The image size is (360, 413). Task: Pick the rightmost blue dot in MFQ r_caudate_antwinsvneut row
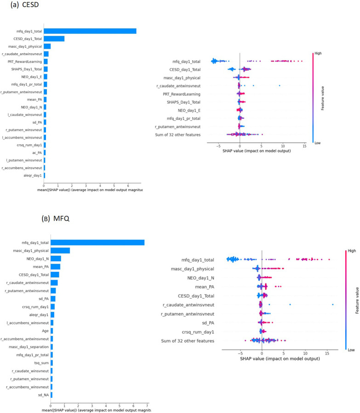(x=332, y=304)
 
